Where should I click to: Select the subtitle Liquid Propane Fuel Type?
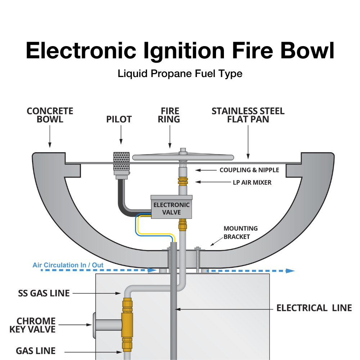180,74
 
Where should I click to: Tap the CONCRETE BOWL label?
50,115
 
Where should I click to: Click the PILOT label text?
119,119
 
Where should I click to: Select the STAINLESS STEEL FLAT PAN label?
248,115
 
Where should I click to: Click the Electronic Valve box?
172,208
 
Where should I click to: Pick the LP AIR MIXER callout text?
252,183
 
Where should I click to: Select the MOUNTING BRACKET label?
240,232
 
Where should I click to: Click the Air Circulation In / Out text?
68,265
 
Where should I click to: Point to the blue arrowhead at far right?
290,270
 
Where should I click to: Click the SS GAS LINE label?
44,293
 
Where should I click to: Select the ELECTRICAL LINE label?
314,308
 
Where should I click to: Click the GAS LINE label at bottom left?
36,351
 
